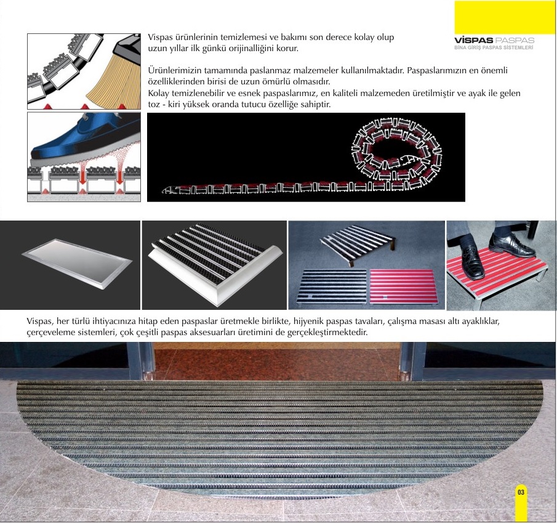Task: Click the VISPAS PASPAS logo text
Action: coord(494,40)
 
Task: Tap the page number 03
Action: coord(521,492)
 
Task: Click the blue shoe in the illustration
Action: coord(86,140)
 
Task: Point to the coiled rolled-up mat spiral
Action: coord(396,149)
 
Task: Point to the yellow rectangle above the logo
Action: coord(505,17)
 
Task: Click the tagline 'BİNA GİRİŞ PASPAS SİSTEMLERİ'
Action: coord(494,47)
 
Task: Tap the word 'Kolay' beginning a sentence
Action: coord(158,94)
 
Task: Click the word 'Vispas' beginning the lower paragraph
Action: coord(39,322)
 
